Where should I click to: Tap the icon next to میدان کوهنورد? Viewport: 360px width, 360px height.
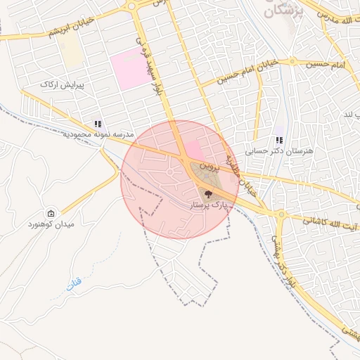tap(51, 213)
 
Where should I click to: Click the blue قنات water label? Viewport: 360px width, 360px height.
tap(74, 285)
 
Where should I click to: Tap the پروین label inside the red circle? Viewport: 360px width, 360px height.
tap(200, 167)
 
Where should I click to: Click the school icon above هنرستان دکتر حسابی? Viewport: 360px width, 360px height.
tap(279, 139)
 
